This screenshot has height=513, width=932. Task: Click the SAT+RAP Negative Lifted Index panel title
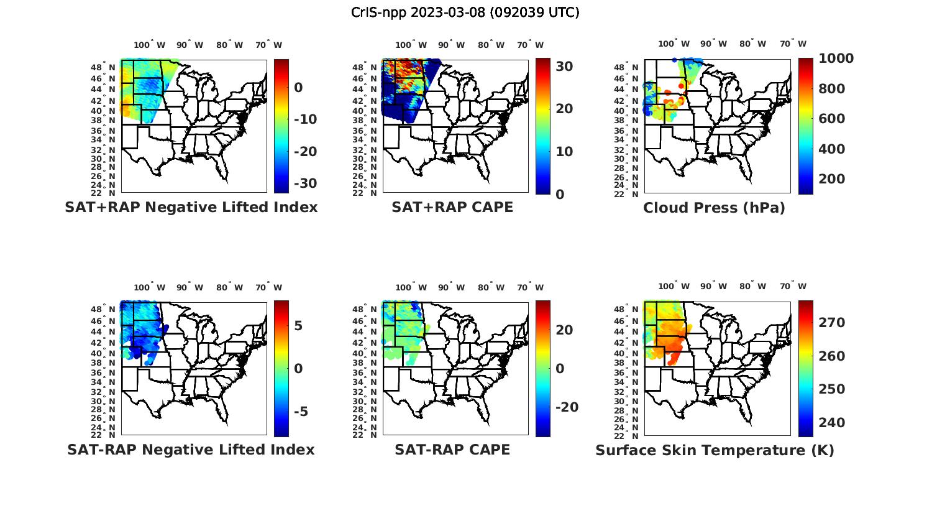click(x=191, y=207)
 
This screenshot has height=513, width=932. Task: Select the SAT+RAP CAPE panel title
click(x=452, y=207)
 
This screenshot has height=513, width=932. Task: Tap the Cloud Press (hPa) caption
click(x=714, y=208)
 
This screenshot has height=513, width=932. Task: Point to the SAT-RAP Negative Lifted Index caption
click(x=191, y=450)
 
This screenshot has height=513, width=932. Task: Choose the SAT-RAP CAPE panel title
click(x=452, y=450)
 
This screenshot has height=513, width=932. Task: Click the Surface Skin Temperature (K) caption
click(x=715, y=450)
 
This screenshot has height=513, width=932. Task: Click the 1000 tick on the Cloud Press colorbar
click(x=836, y=58)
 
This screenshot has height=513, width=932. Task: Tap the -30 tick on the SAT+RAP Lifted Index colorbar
click(x=305, y=183)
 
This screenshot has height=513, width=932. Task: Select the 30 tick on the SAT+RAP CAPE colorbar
click(x=564, y=66)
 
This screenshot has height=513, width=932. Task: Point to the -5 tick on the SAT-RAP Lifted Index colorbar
click(x=301, y=412)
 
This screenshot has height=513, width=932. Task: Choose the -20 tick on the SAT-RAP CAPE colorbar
click(x=567, y=407)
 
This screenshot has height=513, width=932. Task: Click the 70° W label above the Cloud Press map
click(x=793, y=44)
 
